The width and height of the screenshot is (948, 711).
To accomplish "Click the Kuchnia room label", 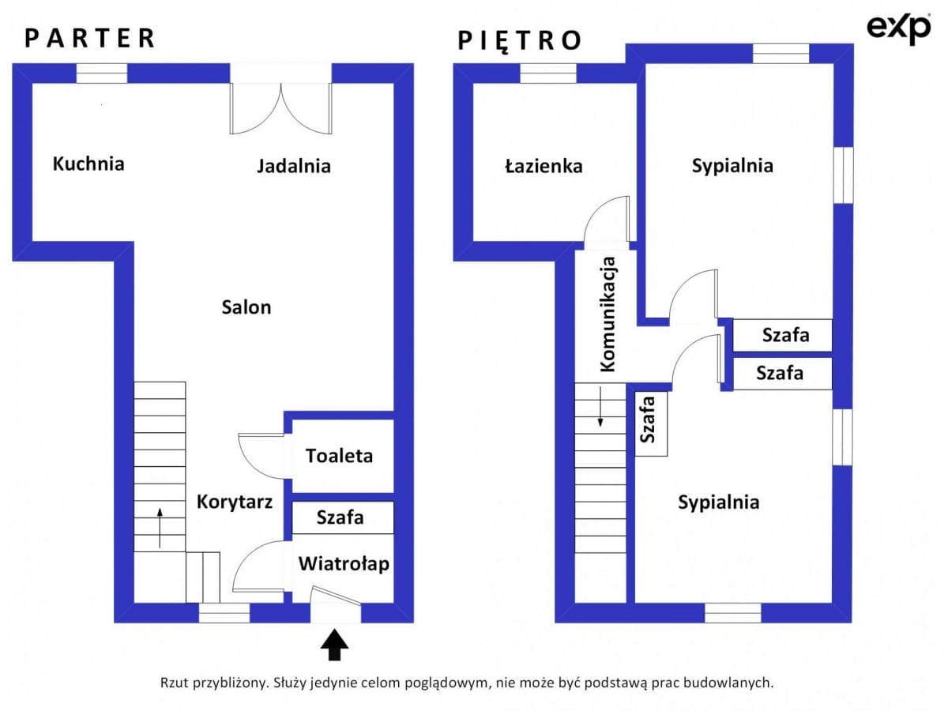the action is coord(88,164).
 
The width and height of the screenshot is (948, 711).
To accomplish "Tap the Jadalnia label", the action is coord(294,166).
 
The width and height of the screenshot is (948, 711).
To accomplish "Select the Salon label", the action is coord(246,307).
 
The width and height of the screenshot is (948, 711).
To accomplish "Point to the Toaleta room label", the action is coord(339,456).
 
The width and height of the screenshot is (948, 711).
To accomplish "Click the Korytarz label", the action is coord(235,502).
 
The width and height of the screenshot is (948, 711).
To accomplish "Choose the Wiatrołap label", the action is coord(344,564).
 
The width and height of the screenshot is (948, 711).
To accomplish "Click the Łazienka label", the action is coord(544,166).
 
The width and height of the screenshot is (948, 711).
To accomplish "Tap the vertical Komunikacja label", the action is coord(608,314).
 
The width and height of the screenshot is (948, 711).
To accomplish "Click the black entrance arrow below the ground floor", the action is coord(334,645).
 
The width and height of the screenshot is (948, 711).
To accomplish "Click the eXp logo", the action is coord(899,28).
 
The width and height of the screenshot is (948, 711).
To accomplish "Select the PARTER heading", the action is coord(89,38).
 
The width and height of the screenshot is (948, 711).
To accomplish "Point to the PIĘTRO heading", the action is coord(519,40).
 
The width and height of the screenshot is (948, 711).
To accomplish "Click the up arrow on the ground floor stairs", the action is coord(160,528).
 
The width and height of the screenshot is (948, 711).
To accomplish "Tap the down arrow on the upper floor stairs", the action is coord(600,407).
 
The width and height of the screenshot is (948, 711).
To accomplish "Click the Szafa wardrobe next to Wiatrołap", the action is coord(343,517).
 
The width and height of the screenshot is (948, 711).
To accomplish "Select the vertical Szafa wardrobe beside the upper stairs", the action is coord(651,423).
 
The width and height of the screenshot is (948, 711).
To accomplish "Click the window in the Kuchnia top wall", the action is coord(102,73).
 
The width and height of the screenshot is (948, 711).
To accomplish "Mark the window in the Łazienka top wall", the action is coord(548,73).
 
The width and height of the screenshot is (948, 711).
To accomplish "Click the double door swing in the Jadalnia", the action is coord(280,108).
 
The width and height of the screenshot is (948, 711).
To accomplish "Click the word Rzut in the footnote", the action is coord(175,683).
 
